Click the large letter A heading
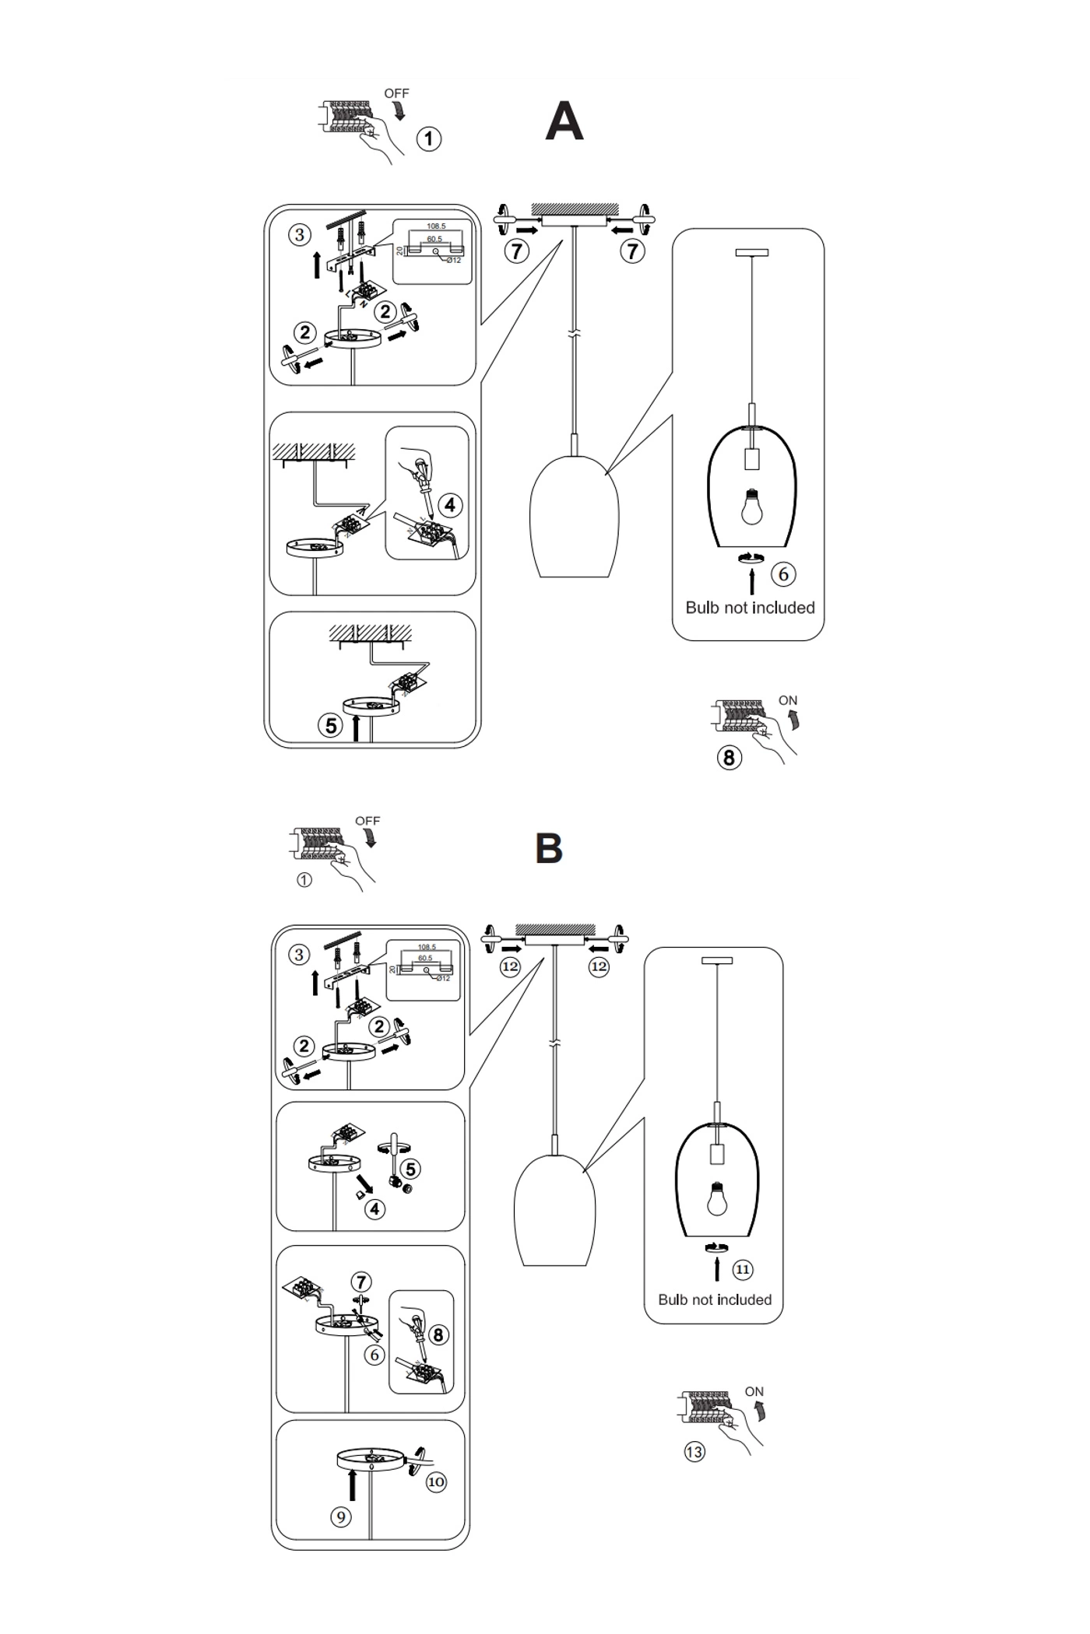coord(564,122)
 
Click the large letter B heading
coord(549,848)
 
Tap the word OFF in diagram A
coord(396,93)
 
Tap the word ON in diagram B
coord(754,1391)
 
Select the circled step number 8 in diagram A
coord(729,757)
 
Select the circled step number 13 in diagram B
coord(694,1452)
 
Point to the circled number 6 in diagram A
coord(783,574)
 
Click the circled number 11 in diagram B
coord(743,1270)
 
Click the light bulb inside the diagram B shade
coord(717,1199)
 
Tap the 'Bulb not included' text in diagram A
coord(750,608)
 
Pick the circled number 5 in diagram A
coord(331,725)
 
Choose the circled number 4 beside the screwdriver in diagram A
coord(450,505)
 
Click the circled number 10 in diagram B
coord(436,1481)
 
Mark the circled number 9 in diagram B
coord(340,1517)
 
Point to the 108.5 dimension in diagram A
coord(436,226)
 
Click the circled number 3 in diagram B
coord(299,955)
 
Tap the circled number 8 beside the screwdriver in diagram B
coord(438,1334)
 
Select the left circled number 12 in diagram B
coord(510,966)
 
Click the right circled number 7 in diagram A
coord(632,251)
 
